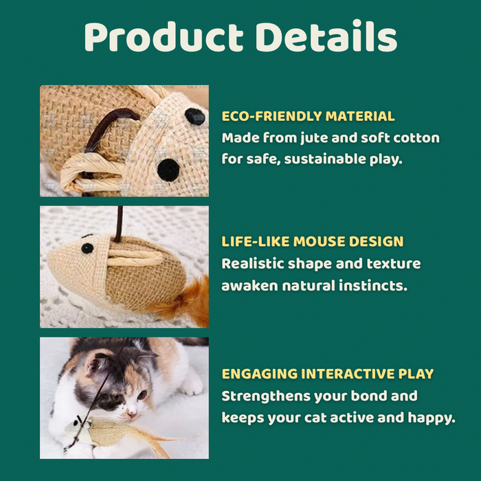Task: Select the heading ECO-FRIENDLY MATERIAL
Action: (308, 116)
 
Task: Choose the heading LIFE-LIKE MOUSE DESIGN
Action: (313, 242)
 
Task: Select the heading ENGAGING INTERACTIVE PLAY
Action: (328, 374)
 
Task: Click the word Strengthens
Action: (265, 396)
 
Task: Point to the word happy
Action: (431, 417)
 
